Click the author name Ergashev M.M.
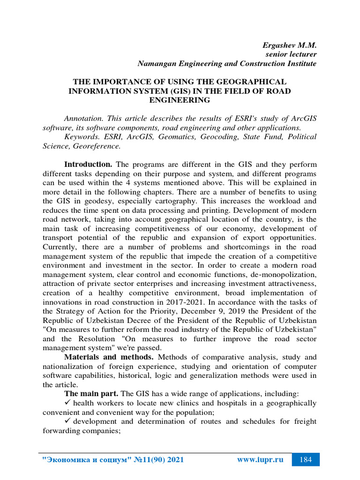[289, 45]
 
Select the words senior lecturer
[291, 54]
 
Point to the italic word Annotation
[83, 119]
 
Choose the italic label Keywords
[80, 137]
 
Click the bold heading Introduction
[88, 165]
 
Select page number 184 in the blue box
[305, 460]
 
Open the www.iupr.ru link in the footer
[260, 460]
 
